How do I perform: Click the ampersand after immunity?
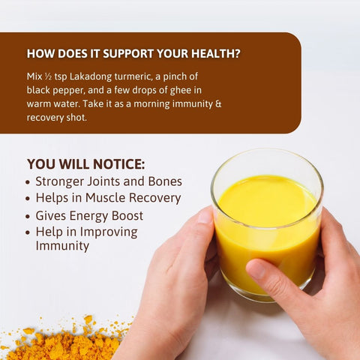tap(218, 103)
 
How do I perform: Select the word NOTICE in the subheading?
tap(117, 164)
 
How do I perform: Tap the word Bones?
tap(165, 181)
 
